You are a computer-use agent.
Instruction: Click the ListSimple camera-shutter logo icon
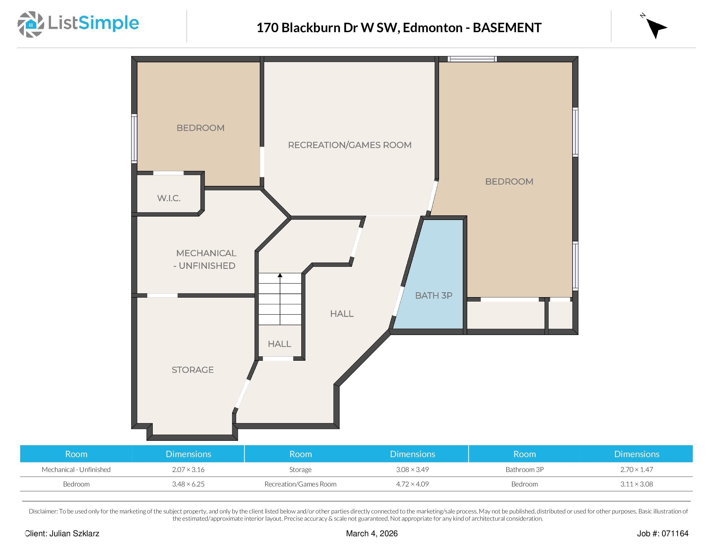coord(31,24)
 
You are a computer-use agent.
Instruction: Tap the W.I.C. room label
coord(169,198)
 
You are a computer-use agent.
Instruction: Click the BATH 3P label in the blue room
coord(434,295)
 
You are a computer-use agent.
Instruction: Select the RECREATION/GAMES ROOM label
coord(350,145)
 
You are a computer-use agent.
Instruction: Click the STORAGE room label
coord(193,370)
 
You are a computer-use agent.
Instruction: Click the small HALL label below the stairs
coord(279,344)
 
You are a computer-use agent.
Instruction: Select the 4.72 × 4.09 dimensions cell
coord(412,484)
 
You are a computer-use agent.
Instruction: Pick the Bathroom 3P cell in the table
coord(524,469)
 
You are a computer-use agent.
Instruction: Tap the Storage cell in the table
coord(300,469)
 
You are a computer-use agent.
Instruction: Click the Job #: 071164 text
coord(662,533)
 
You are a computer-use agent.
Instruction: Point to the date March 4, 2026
coord(372,533)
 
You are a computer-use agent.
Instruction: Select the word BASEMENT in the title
coord(507,28)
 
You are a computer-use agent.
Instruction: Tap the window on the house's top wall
coord(472,59)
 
